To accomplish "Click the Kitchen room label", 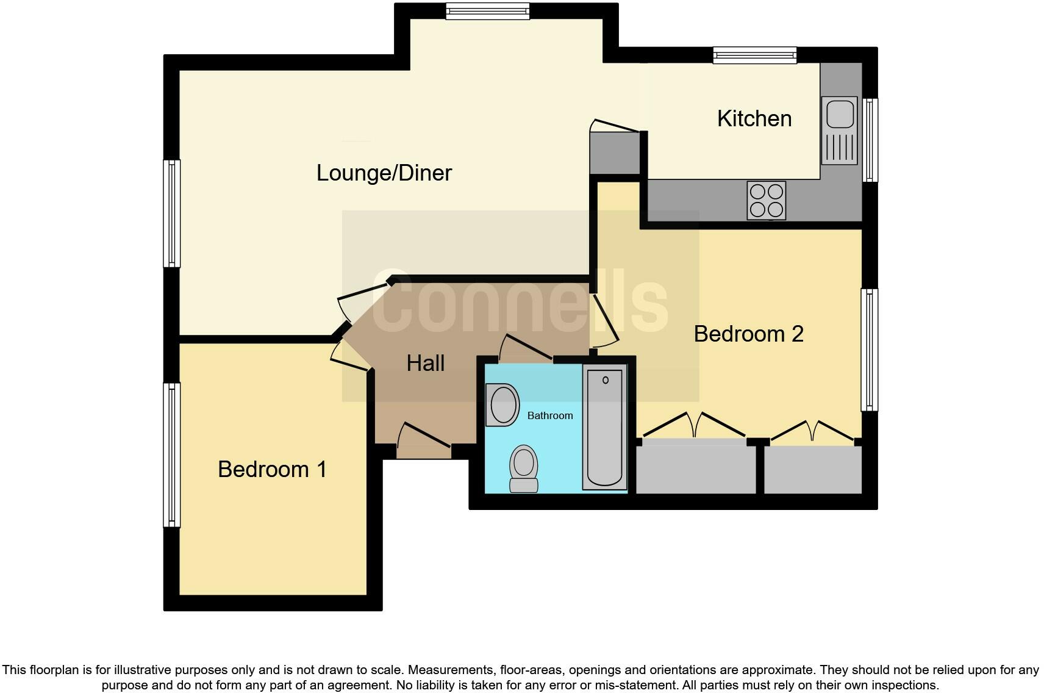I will click(754, 118).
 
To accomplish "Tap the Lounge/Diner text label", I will click(384, 173).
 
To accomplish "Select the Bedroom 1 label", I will click(272, 469).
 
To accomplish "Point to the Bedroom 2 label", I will click(748, 334).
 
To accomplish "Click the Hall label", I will click(425, 364).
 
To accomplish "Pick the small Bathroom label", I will click(549, 415).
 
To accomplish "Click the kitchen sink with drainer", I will click(840, 130).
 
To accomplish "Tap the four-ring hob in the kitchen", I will click(766, 201).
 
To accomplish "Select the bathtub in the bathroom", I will click(605, 427).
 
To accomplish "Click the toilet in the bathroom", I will click(524, 469).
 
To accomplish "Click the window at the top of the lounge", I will click(487, 11).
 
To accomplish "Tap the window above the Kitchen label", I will click(755, 56).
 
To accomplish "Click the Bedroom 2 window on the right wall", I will click(869, 350).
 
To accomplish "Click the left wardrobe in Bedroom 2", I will click(695, 467).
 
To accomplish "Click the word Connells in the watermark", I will click(520, 303).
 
